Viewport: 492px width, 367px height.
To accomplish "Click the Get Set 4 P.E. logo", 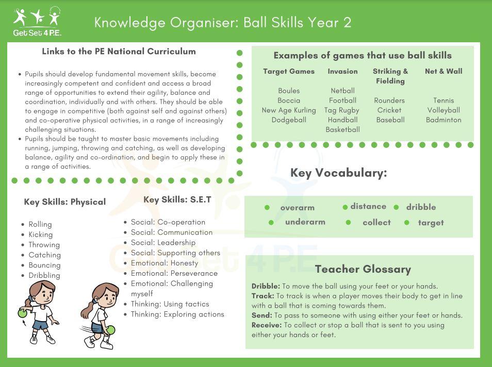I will click(37, 22).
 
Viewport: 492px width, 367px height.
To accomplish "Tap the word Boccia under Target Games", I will click(289, 101).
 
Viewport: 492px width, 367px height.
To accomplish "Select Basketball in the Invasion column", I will click(342, 130).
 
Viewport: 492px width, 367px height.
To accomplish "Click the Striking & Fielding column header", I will click(390, 76).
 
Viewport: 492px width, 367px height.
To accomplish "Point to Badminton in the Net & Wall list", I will click(444, 120).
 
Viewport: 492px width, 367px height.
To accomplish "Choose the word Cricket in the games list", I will click(389, 110).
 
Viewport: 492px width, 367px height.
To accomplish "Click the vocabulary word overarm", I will click(297, 208).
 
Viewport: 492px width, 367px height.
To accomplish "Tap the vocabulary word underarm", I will click(305, 222).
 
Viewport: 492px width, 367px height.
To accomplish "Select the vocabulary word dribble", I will click(421, 207).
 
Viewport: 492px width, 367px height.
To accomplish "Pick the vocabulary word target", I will click(431, 223).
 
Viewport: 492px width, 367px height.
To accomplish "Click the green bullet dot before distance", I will click(345, 207).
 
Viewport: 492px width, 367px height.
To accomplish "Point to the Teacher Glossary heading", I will click(363, 269).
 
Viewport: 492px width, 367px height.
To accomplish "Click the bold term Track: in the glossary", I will click(263, 296).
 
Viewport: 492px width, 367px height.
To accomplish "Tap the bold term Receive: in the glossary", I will click(266, 325).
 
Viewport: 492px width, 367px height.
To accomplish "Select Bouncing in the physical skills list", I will click(44, 265).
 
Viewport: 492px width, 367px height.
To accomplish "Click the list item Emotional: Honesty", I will click(164, 263).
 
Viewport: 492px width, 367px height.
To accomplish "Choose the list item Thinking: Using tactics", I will click(170, 304).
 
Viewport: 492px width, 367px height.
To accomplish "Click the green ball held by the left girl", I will click(22, 312).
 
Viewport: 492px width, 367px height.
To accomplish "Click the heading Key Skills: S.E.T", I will click(177, 200).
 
